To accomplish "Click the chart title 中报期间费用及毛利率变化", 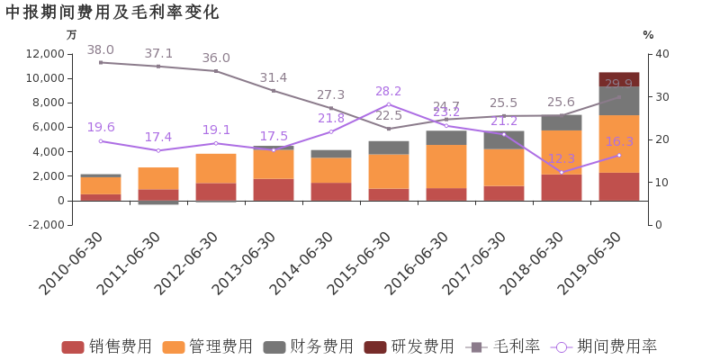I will coord(112,12).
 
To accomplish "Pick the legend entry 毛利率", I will coord(503,346).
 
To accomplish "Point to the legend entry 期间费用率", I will coord(605,346).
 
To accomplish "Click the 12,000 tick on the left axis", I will coord(45,54).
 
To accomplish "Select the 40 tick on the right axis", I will coord(662,54).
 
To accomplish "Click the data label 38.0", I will coord(100,50).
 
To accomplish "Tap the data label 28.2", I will coord(389,91).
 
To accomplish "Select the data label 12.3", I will coord(561,158).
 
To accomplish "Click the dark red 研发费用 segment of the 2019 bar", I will coord(618,78).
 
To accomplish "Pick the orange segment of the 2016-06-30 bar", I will coord(445,166).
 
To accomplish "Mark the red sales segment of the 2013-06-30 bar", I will coord(273,189).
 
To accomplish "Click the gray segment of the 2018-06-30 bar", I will coord(561,122).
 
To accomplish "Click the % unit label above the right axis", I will coord(648,34).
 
